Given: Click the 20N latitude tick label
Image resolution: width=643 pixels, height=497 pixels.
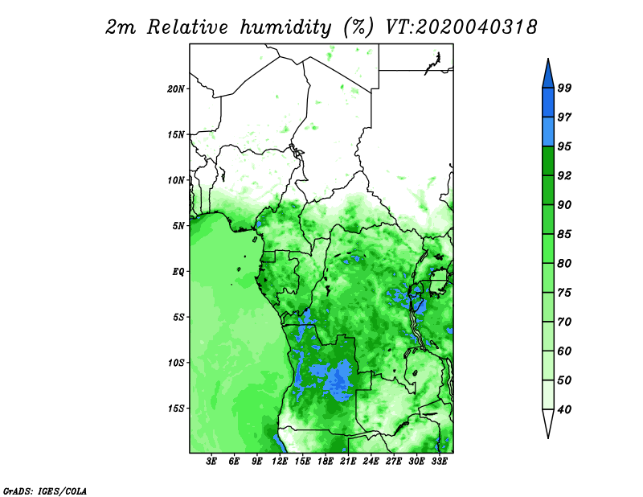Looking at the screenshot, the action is click(176, 89).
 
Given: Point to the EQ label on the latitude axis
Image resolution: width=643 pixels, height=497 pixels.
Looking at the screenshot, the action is click(178, 272).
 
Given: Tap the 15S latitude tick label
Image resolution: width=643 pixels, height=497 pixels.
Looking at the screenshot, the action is click(176, 409).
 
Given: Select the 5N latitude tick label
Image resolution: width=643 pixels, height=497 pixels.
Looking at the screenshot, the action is click(178, 226).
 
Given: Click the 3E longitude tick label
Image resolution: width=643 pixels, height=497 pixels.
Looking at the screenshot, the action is click(211, 462).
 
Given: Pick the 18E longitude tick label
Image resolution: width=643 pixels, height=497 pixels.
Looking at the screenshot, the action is click(326, 462).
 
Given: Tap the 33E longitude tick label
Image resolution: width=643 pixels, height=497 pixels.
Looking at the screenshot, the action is click(439, 462).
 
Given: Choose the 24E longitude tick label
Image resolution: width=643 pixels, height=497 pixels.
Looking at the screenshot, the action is click(371, 462).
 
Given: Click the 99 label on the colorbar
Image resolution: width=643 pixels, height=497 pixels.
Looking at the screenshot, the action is click(565, 88).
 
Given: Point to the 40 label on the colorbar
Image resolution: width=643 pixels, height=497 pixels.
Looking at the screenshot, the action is click(565, 409).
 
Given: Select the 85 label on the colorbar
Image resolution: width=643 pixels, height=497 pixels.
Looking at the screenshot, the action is click(565, 234).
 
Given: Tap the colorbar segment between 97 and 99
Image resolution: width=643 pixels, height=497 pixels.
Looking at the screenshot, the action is click(548, 103).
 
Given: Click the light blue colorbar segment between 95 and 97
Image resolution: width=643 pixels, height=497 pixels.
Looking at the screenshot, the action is click(548, 132).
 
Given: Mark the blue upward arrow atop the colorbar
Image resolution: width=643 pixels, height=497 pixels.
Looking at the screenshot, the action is click(548, 74).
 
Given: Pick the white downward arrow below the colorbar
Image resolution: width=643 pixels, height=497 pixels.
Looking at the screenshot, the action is click(548, 423).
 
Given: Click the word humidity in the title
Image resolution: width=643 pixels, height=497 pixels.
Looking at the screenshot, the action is click(285, 27).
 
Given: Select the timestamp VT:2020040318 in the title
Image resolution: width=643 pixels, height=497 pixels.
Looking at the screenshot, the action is click(461, 27).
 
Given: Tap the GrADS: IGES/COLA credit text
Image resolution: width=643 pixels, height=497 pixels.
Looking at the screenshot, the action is click(45, 491).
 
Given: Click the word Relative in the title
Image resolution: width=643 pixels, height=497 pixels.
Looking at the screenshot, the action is click(187, 27).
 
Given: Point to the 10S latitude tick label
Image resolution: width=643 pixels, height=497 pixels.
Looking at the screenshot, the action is click(176, 363).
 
